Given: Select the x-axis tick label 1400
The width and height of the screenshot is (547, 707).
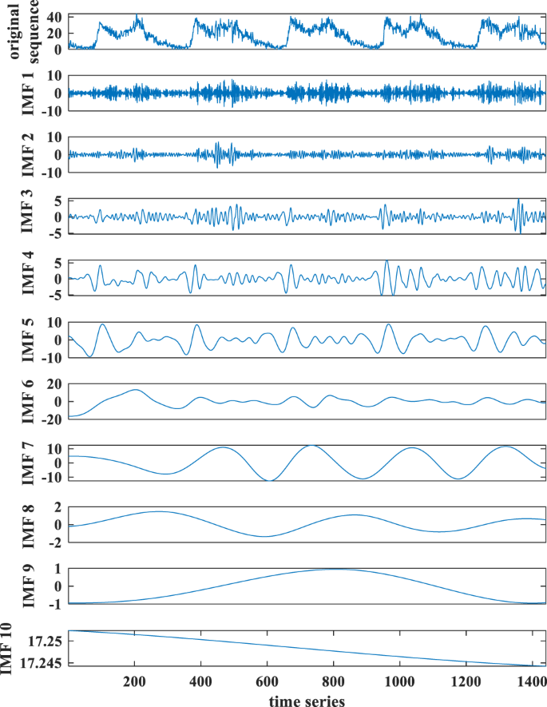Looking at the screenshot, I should [529, 681].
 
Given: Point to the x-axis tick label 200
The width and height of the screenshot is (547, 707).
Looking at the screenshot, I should [133, 681].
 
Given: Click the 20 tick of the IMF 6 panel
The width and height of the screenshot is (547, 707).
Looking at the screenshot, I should [54, 385].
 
